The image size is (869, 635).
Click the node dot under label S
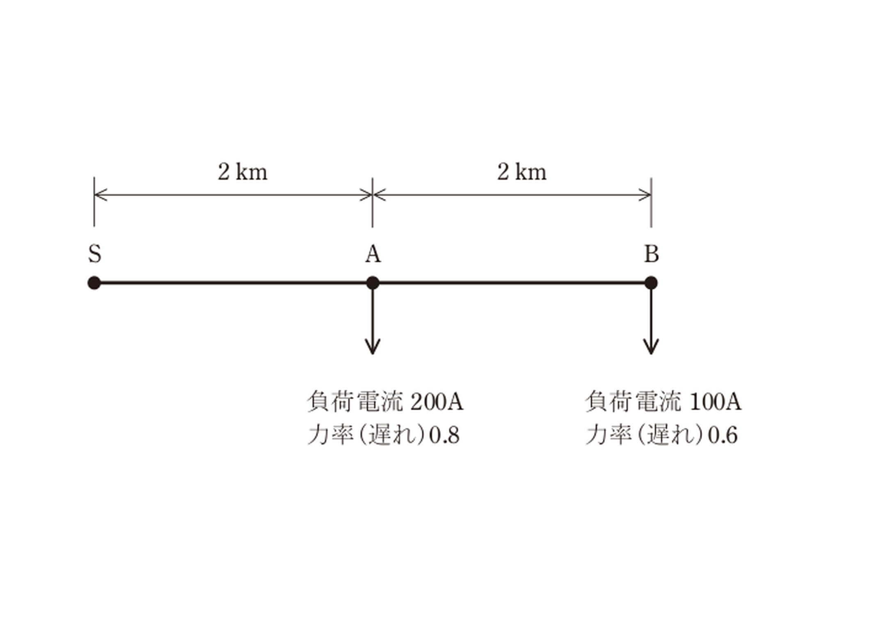(94, 283)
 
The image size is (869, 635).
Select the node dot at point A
(373, 283)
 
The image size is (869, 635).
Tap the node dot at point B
(651, 283)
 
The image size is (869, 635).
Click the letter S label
(94, 254)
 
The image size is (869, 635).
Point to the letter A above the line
(373, 254)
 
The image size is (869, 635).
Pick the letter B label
(652, 254)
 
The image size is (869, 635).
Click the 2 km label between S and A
(242, 172)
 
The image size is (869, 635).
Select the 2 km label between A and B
(522, 172)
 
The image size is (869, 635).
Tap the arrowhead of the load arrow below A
(373, 347)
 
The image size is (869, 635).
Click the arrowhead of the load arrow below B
(651, 347)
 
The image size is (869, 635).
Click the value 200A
(437, 402)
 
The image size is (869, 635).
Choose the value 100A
(716, 402)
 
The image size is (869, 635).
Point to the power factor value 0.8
(444, 435)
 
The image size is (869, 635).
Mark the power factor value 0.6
(723, 435)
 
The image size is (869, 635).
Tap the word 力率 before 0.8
(331, 435)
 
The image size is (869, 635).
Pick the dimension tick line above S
(94, 202)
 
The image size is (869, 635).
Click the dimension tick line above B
(651, 203)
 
